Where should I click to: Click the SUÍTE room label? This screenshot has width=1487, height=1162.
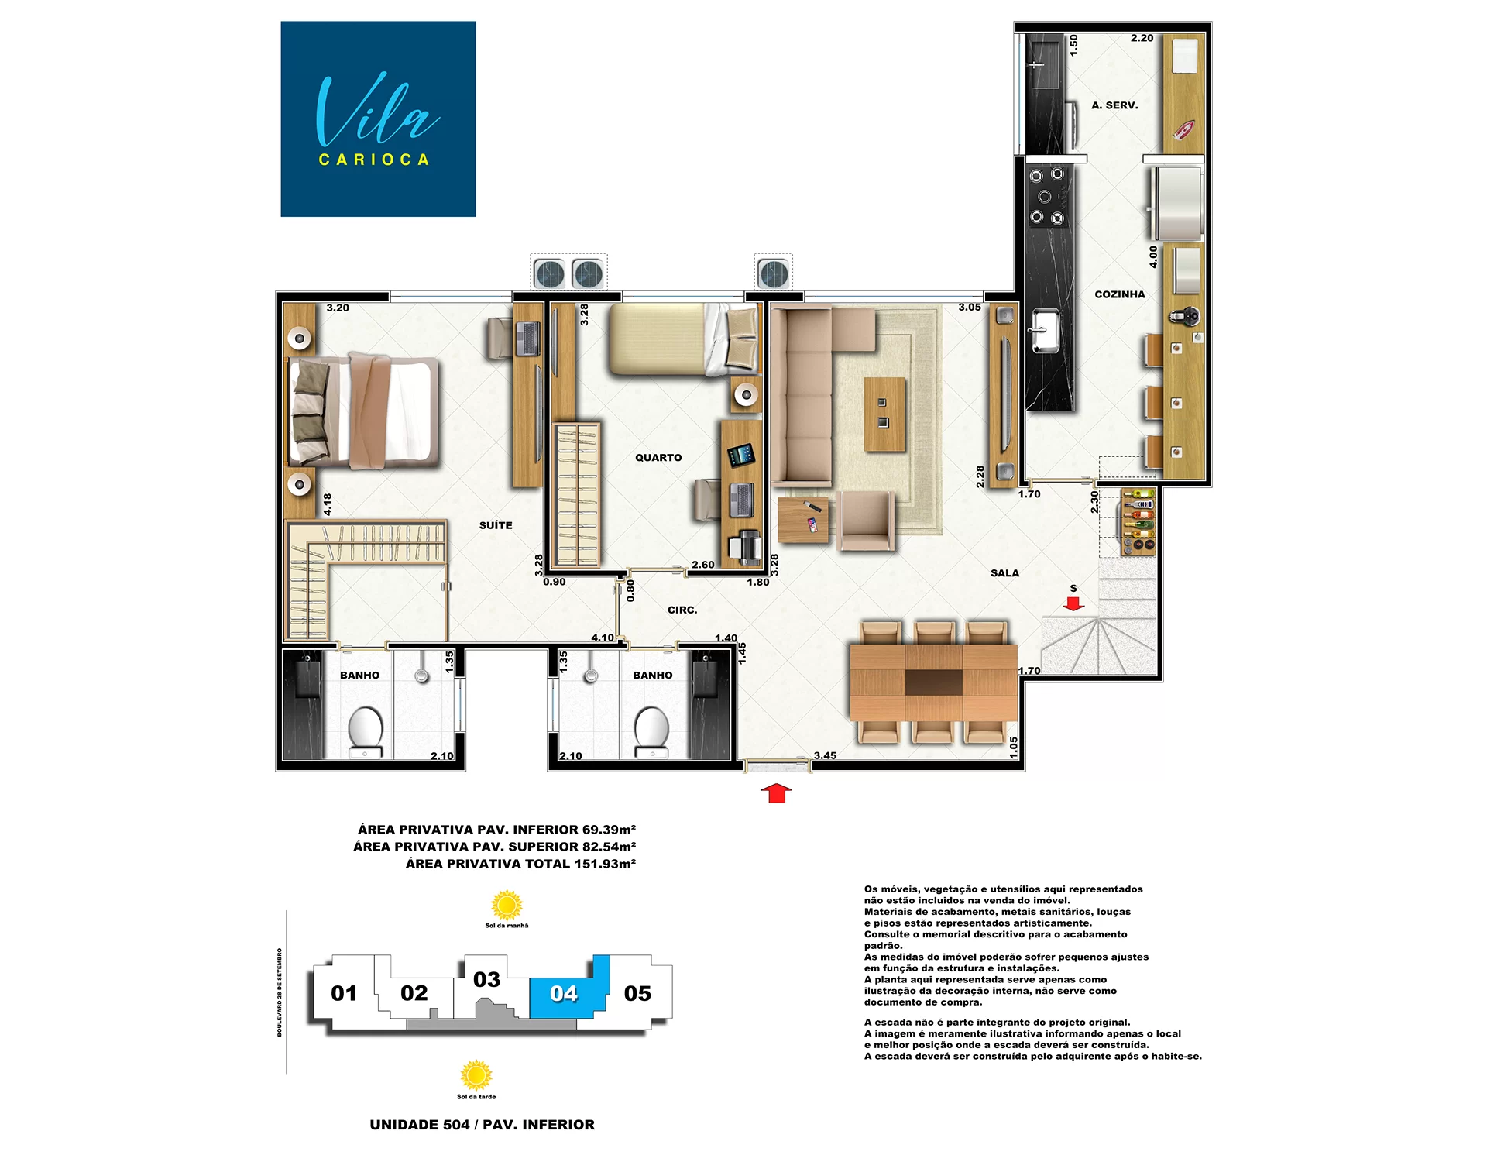pos(496,525)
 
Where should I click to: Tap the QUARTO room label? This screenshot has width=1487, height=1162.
pos(658,458)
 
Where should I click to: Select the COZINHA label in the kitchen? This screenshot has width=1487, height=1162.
pos(1120,294)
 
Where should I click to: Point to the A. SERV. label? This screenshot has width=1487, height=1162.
pos(1114,105)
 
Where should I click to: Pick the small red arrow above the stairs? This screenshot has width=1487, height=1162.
pos(1073,603)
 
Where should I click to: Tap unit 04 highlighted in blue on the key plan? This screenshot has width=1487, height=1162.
pos(564,993)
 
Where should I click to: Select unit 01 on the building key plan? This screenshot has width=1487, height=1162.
pos(344,993)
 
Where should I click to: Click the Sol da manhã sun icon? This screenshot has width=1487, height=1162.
pos(507,905)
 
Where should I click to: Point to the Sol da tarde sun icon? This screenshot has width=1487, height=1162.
pos(476,1075)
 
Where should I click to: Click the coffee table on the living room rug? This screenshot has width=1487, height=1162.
pos(884,414)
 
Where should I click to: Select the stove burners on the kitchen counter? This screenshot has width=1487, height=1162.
pos(1046,197)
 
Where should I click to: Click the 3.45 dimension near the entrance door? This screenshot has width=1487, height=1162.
pos(825,755)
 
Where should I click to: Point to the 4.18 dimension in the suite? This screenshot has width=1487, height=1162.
pos(328,504)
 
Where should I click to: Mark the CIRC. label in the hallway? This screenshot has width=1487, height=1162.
pos(682,610)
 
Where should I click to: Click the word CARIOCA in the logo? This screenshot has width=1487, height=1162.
pos(374,160)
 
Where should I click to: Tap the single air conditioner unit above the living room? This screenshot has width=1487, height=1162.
pos(773,273)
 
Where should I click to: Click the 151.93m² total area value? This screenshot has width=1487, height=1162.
pos(605,864)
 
